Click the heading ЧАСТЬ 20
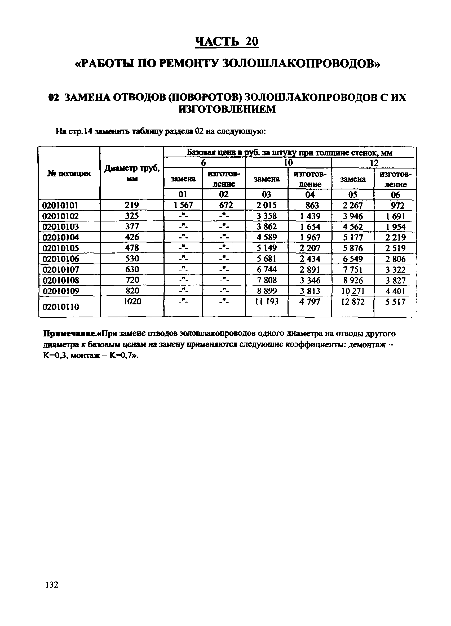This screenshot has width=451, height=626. [226, 42]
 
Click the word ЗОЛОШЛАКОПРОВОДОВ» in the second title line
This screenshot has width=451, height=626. [301, 64]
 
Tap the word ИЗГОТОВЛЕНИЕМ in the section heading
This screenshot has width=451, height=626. [227, 110]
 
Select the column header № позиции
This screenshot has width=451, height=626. [69, 173]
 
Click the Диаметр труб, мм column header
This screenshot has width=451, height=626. [132, 173]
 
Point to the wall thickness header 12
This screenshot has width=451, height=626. [374, 163]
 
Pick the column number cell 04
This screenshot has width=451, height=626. [310, 195]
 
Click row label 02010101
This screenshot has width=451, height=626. [60, 205]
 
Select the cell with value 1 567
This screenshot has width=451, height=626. [183, 205]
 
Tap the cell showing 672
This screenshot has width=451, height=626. [224, 205]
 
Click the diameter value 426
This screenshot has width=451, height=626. [132, 237]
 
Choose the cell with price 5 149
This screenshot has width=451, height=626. [266, 248]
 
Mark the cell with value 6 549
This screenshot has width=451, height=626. [353, 259]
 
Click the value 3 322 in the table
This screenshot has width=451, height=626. [395, 269]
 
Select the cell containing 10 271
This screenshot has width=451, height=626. [353, 291]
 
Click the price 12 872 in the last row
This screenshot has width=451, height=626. [353, 302]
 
